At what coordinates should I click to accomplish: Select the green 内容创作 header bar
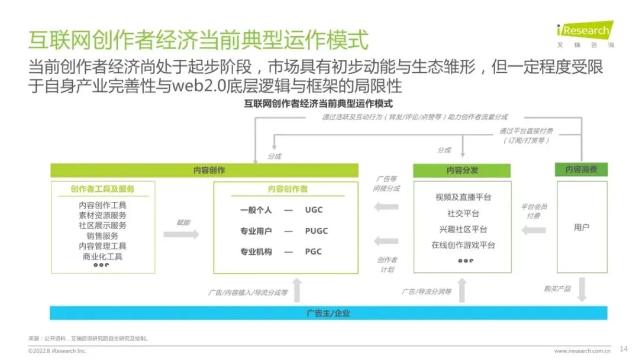point(204,170)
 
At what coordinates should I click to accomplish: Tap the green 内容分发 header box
point(462,170)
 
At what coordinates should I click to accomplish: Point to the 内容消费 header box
point(581,169)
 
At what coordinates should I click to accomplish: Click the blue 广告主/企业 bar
point(328,313)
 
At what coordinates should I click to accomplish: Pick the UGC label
point(314,210)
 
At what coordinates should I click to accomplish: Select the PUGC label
point(317,231)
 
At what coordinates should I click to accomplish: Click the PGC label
point(314,252)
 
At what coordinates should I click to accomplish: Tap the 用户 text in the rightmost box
point(582,227)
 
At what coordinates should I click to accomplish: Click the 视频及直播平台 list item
point(463,197)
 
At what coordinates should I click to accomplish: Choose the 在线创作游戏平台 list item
point(463,245)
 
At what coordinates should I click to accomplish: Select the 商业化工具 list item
point(102,256)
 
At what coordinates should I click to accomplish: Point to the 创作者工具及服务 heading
point(102,189)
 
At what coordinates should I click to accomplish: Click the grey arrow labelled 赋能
point(181,234)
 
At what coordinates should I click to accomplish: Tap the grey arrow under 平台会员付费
point(534,229)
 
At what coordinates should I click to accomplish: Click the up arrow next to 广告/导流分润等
point(462,290)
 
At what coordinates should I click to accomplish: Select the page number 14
point(623,348)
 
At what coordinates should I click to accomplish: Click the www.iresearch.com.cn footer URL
point(582,351)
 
